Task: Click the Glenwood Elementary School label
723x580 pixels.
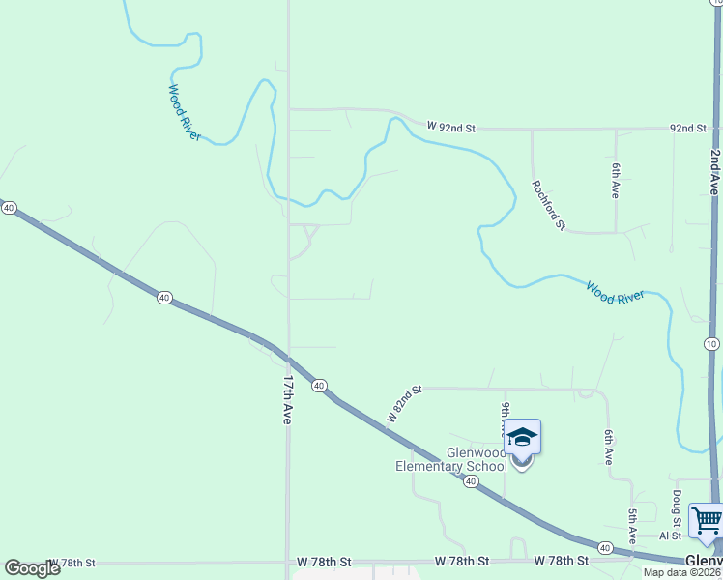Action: click(451, 459)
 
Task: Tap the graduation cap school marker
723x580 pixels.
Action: click(522, 440)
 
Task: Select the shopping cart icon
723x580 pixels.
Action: click(707, 521)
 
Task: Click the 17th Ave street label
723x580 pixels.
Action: click(287, 401)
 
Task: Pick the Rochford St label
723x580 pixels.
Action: click(548, 205)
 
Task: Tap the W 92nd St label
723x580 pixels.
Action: click(452, 128)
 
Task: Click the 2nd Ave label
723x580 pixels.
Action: click(715, 174)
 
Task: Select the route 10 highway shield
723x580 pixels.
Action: click(711, 344)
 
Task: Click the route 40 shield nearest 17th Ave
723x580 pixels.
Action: click(319, 386)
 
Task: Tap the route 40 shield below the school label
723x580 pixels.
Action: click(471, 481)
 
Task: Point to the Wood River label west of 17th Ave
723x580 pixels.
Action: click(184, 113)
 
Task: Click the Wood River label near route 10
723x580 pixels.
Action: click(615, 293)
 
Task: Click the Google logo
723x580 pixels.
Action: click(32, 568)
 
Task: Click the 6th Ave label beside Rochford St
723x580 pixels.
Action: click(615, 181)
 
